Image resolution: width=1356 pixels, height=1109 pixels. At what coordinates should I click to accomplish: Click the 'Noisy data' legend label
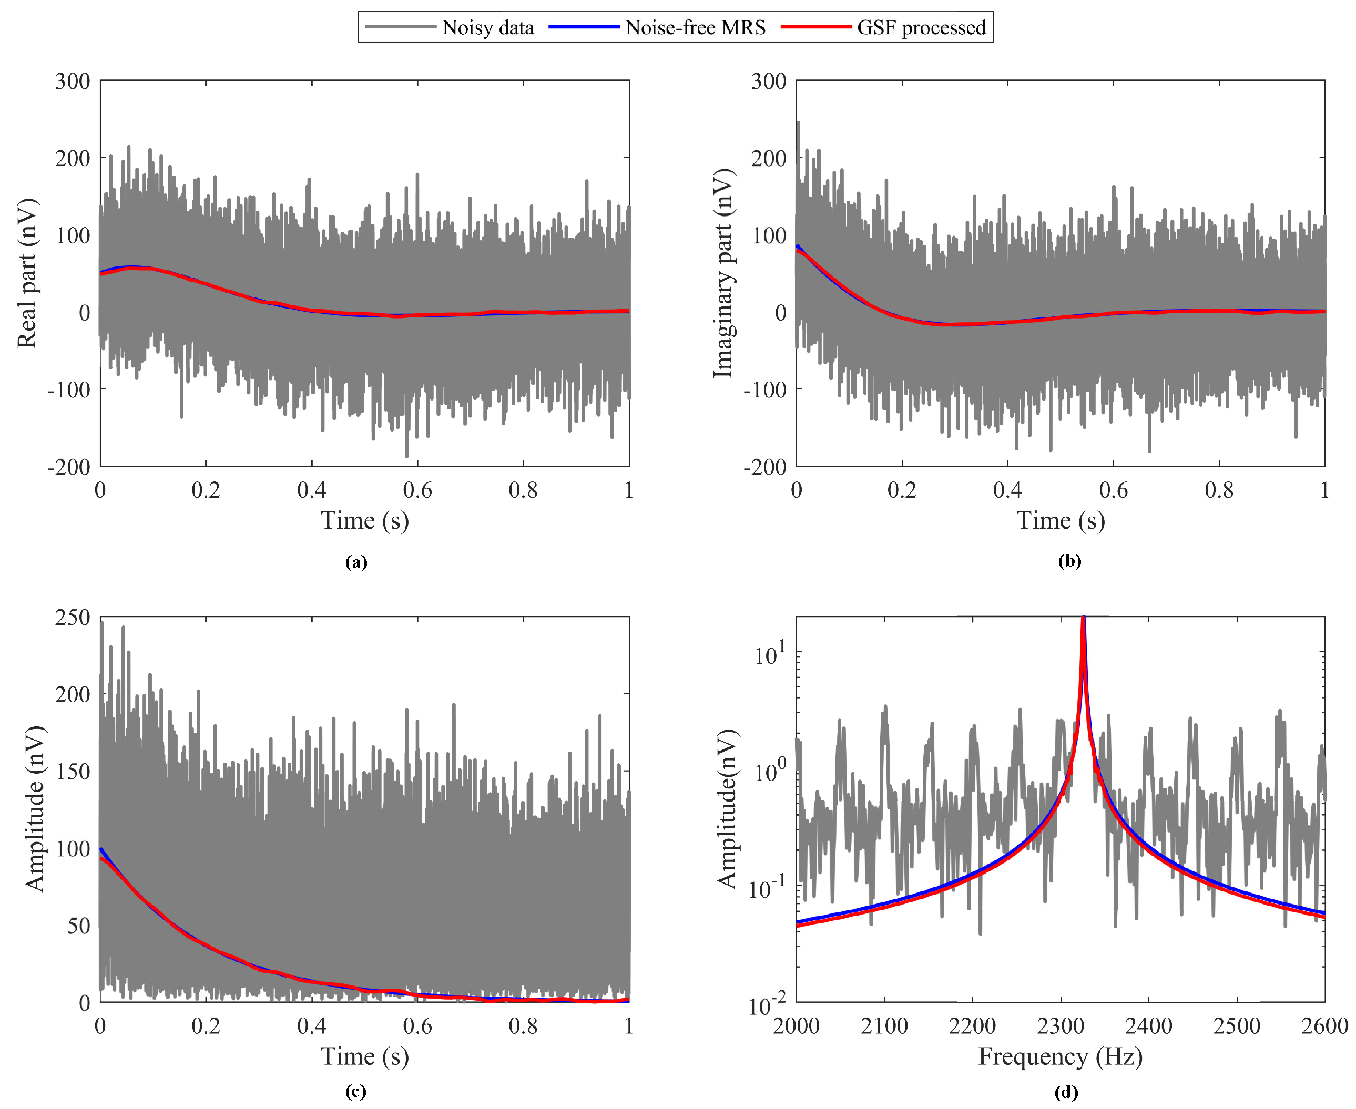click(487, 27)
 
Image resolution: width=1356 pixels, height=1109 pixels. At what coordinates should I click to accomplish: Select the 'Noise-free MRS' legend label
click(695, 27)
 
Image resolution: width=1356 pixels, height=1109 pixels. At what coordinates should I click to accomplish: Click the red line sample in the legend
click(815, 27)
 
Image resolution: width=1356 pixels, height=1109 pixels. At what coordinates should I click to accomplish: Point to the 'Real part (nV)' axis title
click(27, 273)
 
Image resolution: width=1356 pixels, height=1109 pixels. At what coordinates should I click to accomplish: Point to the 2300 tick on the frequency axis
click(1060, 1026)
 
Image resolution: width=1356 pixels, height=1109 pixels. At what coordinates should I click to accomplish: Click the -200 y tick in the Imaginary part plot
click(764, 467)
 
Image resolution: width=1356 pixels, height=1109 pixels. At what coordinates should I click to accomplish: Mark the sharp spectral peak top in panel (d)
click(1083, 619)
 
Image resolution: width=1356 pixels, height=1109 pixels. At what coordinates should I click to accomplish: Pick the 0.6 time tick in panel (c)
click(417, 1026)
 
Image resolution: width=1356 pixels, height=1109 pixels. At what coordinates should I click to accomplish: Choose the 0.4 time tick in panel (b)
click(1008, 490)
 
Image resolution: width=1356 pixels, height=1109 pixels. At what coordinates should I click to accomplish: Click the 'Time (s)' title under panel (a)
click(364, 521)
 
